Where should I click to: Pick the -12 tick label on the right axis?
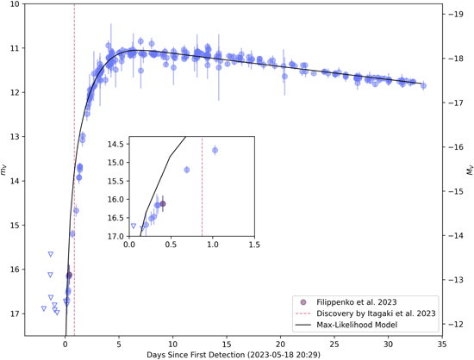(x=457, y=325)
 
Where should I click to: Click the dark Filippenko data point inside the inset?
(x=162, y=204)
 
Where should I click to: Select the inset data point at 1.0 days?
(x=215, y=151)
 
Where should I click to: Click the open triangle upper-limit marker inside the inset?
(x=133, y=227)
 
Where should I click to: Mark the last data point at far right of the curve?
(x=423, y=86)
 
